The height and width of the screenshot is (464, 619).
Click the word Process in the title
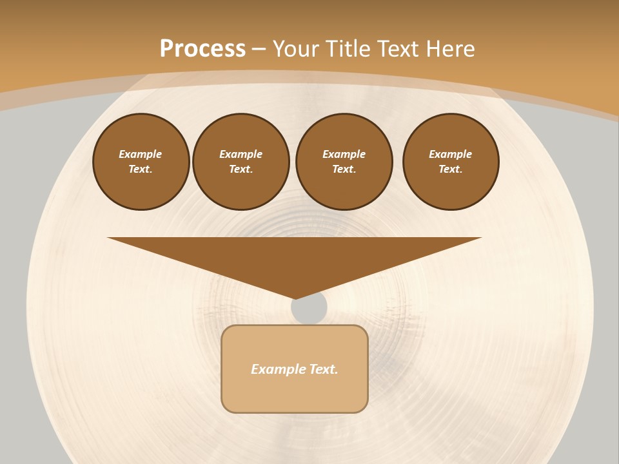pyautogui.click(x=202, y=48)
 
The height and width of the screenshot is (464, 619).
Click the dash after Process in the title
pyautogui.click(x=259, y=49)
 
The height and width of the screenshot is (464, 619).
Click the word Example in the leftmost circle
pyautogui.click(x=141, y=154)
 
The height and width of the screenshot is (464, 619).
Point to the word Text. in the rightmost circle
pyautogui.click(x=451, y=169)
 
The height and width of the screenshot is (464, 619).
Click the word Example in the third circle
pyautogui.click(x=344, y=154)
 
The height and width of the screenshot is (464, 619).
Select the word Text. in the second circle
pyautogui.click(x=241, y=169)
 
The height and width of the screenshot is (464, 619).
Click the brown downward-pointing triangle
pyautogui.click(x=295, y=258)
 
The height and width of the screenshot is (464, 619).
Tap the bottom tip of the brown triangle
pyautogui.click(x=295, y=296)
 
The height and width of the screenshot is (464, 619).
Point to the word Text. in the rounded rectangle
pyautogui.click(x=324, y=369)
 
